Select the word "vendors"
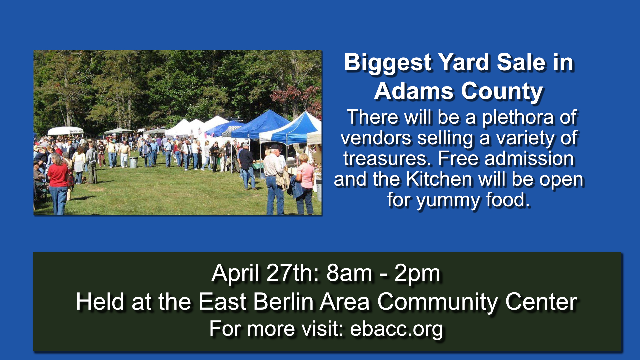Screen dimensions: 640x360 point(375,138)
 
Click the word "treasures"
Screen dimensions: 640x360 point(387,159)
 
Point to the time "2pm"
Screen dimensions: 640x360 point(417,274)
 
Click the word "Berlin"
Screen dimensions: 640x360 point(283,302)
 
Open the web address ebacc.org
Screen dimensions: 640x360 point(396,329)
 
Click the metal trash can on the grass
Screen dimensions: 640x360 point(133,162)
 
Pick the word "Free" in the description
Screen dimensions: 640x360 point(458,159)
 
